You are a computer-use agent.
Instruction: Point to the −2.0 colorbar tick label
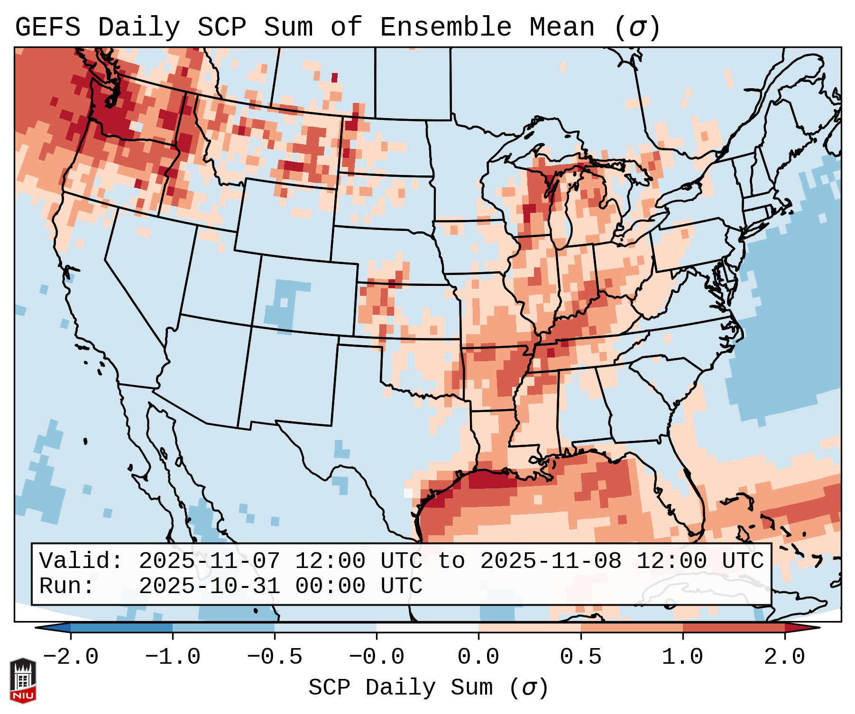tap(71, 657)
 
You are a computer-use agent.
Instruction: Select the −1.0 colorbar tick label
tap(173, 657)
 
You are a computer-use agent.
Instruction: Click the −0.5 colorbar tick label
tap(275, 657)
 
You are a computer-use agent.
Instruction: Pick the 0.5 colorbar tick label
tap(581, 657)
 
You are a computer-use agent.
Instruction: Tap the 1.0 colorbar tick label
tap(683, 657)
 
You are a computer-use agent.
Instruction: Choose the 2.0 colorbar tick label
tap(785, 657)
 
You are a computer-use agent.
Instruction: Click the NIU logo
tap(23, 680)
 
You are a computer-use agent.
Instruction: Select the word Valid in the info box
tap(81, 561)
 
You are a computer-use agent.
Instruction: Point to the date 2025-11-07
tap(209, 561)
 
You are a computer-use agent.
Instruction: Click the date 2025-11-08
tap(551, 561)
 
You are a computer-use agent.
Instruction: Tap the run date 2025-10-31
tap(209, 586)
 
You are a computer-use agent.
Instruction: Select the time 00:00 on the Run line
tap(330, 586)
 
